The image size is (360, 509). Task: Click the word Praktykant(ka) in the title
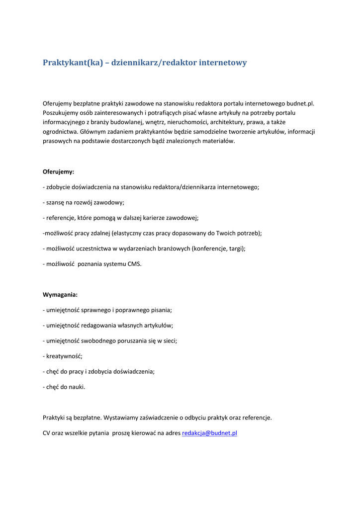tap(73, 63)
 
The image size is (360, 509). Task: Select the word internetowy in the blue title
tap(222, 63)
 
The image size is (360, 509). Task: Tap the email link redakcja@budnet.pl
tap(209, 433)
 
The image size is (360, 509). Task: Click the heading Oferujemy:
tap(58, 171)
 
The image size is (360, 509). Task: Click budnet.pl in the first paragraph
tap(301, 103)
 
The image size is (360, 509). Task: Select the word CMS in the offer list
tap(134, 264)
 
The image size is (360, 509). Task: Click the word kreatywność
tap(64, 356)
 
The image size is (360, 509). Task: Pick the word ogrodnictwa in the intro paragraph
tap(60, 132)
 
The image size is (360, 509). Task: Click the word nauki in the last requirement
tap(77, 387)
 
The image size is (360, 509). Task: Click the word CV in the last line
tap(46, 433)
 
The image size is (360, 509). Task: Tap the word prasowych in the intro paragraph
tap(56, 141)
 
